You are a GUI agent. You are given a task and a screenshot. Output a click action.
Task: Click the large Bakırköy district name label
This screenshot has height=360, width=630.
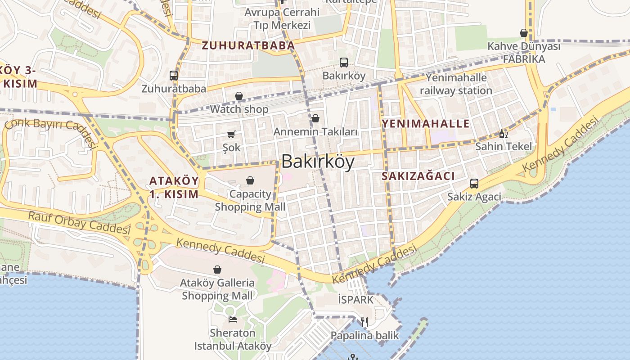[318, 162]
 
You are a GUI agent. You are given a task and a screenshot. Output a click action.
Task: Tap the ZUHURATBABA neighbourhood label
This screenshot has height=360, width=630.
[248, 45]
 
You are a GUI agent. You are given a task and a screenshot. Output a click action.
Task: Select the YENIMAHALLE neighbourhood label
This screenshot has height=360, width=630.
[425, 124]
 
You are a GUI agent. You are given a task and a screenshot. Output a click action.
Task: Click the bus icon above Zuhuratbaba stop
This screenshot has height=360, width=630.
[174, 76]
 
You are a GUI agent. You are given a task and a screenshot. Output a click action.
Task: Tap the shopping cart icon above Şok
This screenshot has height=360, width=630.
[231, 134]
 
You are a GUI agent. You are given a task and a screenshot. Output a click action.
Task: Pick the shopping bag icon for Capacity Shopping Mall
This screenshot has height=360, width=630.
[250, 181]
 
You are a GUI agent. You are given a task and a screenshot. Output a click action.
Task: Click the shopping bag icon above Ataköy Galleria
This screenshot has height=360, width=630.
[217, 270]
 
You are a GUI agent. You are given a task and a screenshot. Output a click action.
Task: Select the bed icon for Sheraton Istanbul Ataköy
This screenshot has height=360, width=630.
[233, 319]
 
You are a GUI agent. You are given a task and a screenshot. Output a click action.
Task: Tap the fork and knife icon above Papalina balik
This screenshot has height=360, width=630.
[364, 322]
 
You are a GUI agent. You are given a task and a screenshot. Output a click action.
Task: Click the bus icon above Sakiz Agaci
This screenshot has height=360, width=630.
[474, 184]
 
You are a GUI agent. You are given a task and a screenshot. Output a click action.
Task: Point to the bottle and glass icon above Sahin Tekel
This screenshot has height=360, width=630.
[503, 134]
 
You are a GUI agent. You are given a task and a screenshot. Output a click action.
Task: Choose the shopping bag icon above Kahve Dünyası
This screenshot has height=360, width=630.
[524, 33]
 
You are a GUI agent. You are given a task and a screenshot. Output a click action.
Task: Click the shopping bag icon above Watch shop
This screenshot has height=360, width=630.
[239, 96]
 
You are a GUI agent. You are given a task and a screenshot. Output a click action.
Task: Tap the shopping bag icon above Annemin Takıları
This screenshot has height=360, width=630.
[315, 118]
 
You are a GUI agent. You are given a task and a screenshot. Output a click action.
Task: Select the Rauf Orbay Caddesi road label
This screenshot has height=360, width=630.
[79, 222]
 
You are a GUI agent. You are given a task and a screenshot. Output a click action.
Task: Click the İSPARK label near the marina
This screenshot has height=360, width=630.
[355, 299]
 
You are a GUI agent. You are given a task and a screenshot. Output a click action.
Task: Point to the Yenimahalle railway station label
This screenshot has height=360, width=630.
[456, 84]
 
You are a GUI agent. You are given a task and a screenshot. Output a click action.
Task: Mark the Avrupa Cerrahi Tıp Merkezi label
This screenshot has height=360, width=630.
[282, 18]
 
